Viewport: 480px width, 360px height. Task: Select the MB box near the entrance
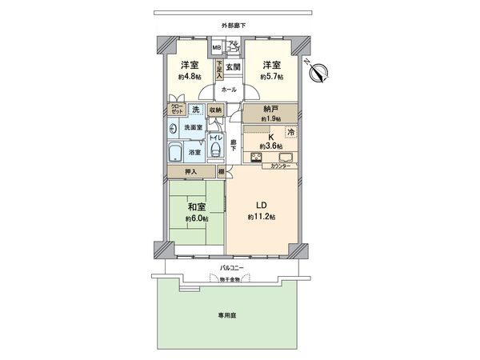click(216, 48)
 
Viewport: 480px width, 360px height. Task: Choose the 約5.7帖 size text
click(274, 78)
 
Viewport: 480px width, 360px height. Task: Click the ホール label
click(228, 90)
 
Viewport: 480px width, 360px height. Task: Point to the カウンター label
click(281, 166)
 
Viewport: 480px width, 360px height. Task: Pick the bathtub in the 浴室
click(174, 151)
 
